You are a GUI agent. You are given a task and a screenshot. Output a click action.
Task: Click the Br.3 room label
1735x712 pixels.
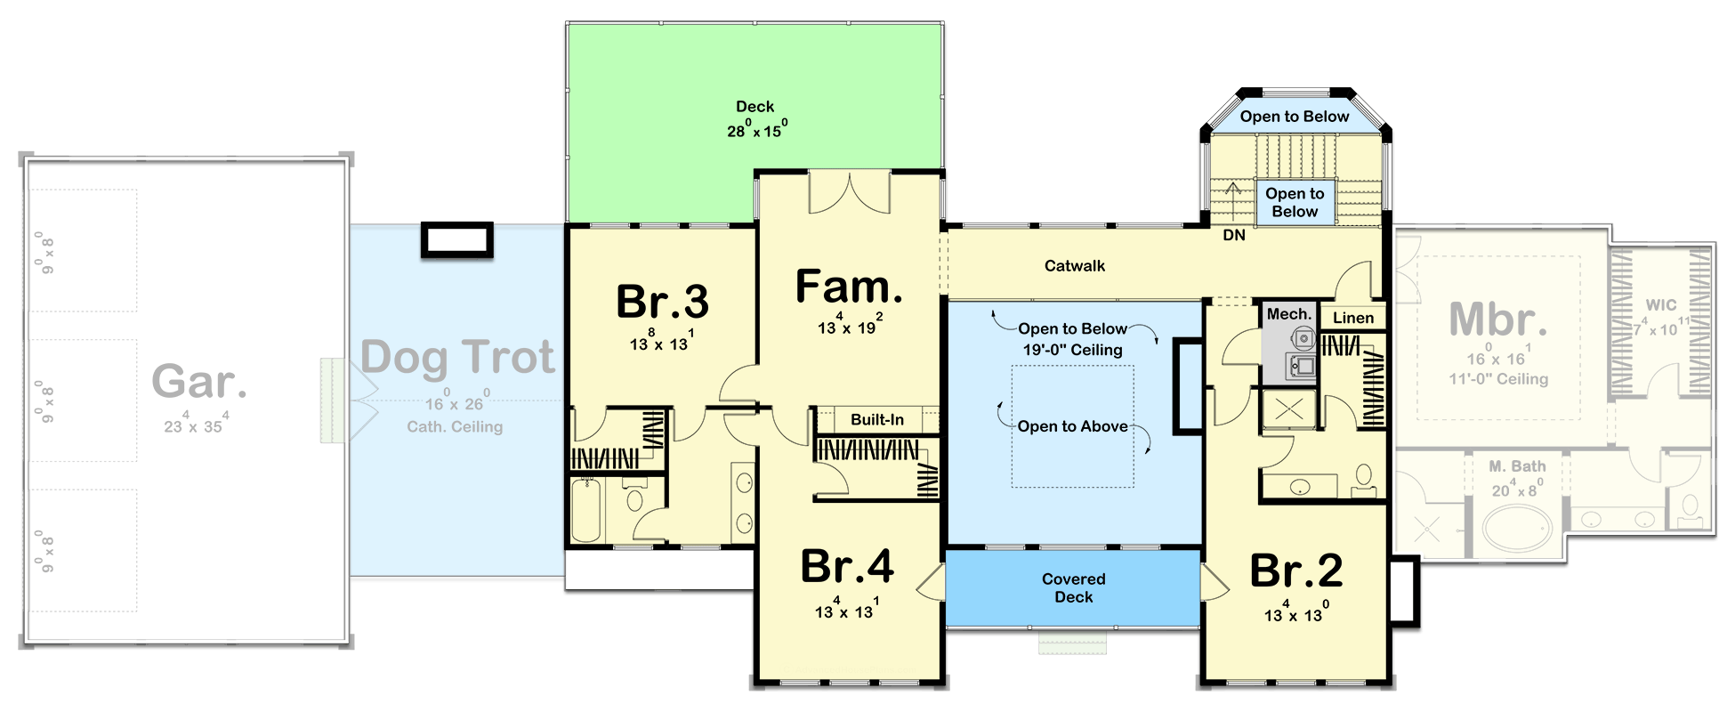(662, 302)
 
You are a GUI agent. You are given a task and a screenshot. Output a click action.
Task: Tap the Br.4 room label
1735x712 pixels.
(847, 566)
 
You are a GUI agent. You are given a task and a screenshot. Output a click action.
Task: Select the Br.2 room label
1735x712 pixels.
(1296, 570)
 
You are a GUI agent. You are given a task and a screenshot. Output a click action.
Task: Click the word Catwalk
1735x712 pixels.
(1075, 265)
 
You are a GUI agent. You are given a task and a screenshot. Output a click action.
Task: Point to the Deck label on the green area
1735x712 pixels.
(755, 107)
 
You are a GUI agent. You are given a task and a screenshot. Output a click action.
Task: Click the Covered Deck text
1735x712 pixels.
(1073, 588)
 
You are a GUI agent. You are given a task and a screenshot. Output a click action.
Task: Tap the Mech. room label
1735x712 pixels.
(1288, 314)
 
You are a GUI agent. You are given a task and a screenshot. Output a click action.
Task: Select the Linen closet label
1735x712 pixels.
(1352, 318)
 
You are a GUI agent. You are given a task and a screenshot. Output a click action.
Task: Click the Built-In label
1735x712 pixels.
(876, 419)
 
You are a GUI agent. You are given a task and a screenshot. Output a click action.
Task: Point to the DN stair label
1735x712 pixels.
(1234, 235)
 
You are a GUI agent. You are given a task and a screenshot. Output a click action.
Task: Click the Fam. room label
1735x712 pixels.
(849, 287)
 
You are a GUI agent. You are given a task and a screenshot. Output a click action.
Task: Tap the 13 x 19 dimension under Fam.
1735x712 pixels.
(850, 327)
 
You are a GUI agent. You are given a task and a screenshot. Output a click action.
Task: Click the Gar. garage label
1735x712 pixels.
(199, 381)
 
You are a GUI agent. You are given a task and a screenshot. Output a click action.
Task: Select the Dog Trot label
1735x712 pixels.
(458, 357)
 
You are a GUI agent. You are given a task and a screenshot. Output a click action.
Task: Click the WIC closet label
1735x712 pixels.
(1660, 305)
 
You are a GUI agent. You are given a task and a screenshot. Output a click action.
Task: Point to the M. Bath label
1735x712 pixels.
(1517, 466)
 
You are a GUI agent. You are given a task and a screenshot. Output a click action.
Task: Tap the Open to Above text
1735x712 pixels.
(1072, 426)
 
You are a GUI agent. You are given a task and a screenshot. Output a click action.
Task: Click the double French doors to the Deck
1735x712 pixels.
(849, 193)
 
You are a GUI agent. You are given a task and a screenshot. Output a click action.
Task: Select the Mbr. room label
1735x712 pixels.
(1497, 320)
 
